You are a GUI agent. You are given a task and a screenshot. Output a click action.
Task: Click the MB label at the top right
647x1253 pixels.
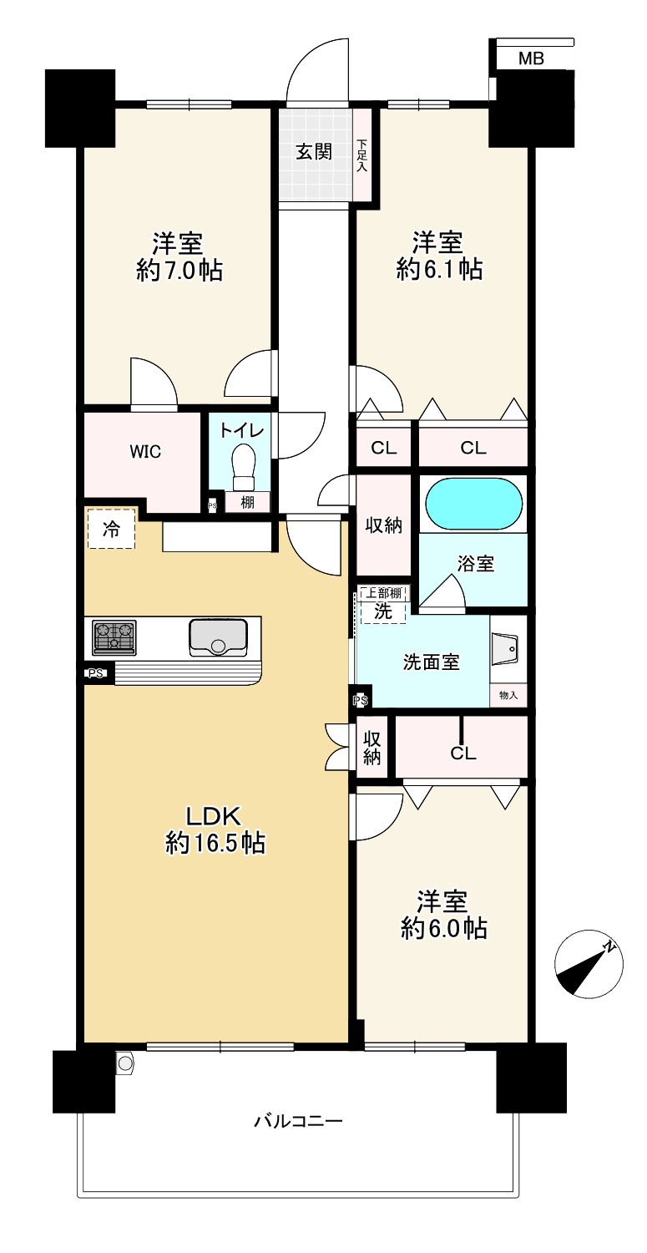[530, 58]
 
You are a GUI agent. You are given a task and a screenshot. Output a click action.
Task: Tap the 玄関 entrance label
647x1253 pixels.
[314, 151]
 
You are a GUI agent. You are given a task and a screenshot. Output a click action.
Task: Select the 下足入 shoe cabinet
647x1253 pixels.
[362, 155]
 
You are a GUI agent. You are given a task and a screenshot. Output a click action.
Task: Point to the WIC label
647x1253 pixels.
[145, 451]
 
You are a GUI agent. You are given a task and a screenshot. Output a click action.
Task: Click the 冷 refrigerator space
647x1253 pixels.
[111, 528]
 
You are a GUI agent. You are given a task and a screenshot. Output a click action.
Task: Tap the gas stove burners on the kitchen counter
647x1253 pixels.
[114, 637]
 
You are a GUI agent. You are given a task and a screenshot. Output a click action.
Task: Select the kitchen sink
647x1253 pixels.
[218, 637]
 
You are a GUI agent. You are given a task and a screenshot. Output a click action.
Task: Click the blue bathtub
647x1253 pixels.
[473, 504]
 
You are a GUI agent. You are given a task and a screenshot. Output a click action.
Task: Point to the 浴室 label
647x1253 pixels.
[475, 563]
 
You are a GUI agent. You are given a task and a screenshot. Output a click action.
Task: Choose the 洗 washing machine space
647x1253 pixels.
[383, 611]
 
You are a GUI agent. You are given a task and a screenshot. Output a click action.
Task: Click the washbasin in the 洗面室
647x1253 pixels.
[508, 649]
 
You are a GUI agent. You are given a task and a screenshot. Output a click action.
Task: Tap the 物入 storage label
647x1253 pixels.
[508, 695]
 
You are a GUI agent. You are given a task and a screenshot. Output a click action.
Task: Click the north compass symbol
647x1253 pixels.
[589, 964]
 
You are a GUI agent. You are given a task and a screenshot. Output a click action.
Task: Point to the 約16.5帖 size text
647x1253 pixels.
[215, 842]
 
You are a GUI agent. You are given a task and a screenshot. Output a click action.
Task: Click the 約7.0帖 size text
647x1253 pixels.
[179, 270]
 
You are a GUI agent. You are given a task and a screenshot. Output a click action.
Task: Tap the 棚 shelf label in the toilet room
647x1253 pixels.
[247, 502]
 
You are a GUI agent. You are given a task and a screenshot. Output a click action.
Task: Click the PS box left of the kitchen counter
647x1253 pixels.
[96, 673]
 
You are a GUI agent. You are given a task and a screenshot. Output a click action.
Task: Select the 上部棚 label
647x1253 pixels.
[384, 593]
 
